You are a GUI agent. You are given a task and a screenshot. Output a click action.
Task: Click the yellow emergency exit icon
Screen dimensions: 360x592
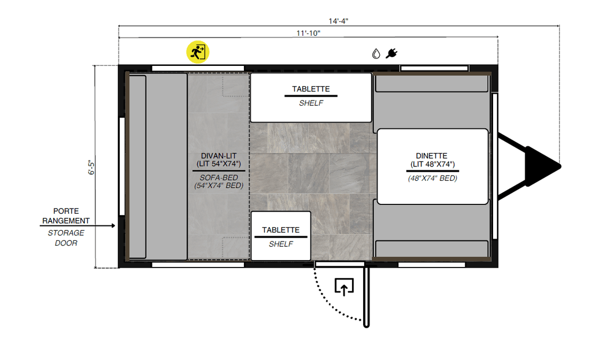point(198,52)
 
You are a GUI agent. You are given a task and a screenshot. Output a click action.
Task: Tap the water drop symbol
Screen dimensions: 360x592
point(376,54)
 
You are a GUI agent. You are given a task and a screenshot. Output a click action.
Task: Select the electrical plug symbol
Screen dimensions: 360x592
point(391,54)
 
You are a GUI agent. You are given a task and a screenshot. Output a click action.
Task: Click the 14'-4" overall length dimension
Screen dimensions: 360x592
point(338,21)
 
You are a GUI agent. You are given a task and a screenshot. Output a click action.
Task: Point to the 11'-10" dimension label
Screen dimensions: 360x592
point(308,33)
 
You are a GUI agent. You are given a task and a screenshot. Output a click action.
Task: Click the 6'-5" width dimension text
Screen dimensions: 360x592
point(90,167)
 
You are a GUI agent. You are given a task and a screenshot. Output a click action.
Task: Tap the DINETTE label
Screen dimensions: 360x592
point(431,155)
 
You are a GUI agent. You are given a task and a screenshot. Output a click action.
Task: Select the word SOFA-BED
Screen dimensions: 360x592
point(216,177)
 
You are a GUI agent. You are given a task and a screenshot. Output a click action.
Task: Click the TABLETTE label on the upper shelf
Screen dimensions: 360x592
point(310,89)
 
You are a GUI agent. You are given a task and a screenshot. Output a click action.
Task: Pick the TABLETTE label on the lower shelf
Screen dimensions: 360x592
point(280,230)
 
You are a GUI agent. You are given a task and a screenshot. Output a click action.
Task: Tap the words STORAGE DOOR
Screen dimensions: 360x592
point(66,237)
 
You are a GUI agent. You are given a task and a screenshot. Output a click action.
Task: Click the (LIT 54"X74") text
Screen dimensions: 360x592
point(216,165)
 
